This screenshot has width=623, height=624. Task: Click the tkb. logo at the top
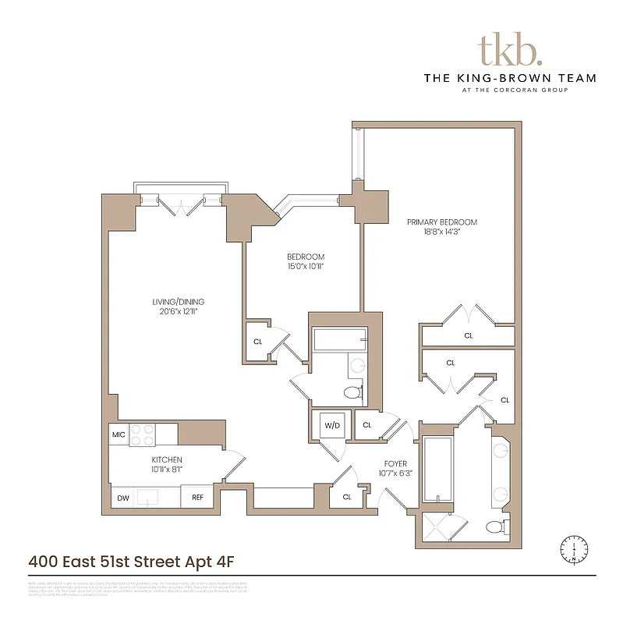509,50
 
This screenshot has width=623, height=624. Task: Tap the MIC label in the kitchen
119,434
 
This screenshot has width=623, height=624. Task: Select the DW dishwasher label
123,497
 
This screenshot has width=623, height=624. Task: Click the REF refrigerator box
197,497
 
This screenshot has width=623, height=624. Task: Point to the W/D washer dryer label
332,425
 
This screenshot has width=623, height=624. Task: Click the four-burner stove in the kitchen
143,434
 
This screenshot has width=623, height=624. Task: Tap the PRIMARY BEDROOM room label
441,222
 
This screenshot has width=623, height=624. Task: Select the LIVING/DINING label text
178,302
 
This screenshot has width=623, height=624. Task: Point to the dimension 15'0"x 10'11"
305,267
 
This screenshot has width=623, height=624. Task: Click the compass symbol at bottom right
574,549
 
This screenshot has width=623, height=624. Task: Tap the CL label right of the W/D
366,425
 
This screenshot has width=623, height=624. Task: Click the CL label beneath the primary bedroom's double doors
469,335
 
